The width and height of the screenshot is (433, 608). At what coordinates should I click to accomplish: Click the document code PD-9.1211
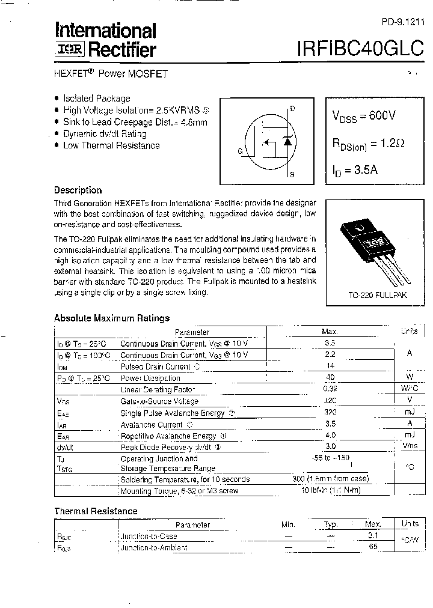point(403,22)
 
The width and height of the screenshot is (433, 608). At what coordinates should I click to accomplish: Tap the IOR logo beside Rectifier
point(70,50)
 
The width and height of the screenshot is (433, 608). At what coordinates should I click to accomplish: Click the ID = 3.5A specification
point(355,169)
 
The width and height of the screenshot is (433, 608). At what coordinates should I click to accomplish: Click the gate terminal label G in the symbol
point(240,151)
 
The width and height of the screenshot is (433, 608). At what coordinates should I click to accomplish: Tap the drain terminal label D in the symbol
point(292,109)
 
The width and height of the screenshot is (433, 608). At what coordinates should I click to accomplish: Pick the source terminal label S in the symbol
point(292,175)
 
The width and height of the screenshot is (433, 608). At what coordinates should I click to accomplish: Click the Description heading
point(78,190)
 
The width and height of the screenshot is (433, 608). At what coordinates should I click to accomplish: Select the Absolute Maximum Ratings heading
point(112,318)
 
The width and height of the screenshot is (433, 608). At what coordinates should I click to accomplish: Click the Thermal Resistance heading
point(96,511)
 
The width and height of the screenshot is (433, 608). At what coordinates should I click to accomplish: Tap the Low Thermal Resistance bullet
point(111,145)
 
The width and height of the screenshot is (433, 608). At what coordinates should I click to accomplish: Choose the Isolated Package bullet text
point(96,99)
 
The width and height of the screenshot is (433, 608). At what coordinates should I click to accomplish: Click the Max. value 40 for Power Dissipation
point(330,378)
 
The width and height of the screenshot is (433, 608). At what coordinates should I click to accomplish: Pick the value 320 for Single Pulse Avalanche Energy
point(330,413)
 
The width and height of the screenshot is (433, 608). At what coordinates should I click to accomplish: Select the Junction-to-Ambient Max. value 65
point(373,547)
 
